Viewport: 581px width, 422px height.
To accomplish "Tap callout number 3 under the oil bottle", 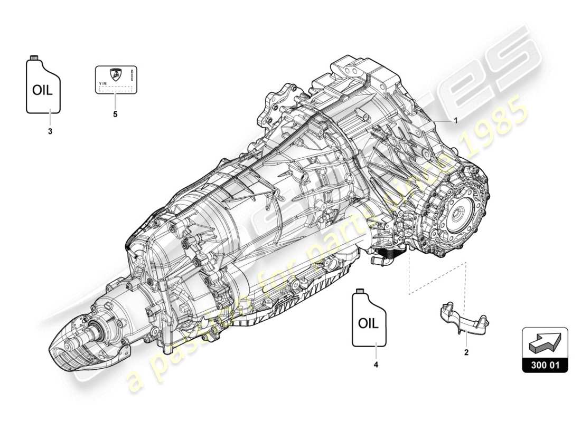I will pos(50,132).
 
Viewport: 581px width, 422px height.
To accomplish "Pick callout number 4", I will pos(376,363).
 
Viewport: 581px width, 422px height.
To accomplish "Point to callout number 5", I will pos(115,113).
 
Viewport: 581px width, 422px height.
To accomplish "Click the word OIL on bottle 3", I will pos(43,90).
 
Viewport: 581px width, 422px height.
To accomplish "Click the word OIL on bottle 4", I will pos(368,323).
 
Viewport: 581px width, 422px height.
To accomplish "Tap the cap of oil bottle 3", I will pos(34,57).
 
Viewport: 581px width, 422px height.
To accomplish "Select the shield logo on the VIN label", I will pos(115,74).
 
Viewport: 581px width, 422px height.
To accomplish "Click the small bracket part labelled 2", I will pos(463,320).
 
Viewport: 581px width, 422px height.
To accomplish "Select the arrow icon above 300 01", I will pos(545,344).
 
